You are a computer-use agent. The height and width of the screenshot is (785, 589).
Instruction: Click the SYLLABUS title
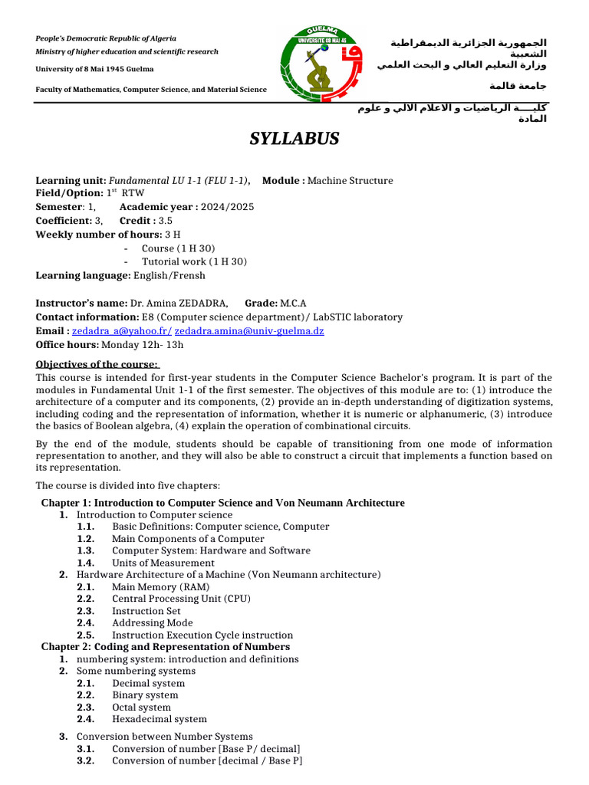(x=294, y=139)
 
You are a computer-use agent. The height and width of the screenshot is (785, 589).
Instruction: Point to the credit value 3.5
(x=166, y=221)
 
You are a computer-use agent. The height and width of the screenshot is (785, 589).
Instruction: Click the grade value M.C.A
(x=293, y=304)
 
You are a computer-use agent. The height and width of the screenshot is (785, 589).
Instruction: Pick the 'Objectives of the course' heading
(x=97, y=364)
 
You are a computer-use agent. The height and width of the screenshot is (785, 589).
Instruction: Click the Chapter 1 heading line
(x=222, y=503)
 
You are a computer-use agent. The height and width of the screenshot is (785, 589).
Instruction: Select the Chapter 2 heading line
(x=166, y=647)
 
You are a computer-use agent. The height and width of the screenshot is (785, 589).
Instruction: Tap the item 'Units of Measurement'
(x=163, y=563)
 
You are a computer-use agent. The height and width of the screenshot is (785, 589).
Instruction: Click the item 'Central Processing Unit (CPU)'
(x=181, y=599)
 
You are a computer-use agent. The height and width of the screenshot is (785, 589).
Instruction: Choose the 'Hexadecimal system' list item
(x=160, y=719)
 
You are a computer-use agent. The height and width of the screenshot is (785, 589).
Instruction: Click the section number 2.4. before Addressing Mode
(x=86, y=623)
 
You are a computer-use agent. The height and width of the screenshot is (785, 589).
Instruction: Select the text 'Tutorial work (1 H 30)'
(x=194, y=261)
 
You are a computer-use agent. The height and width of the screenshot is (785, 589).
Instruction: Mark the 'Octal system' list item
(x=141, y=708)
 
